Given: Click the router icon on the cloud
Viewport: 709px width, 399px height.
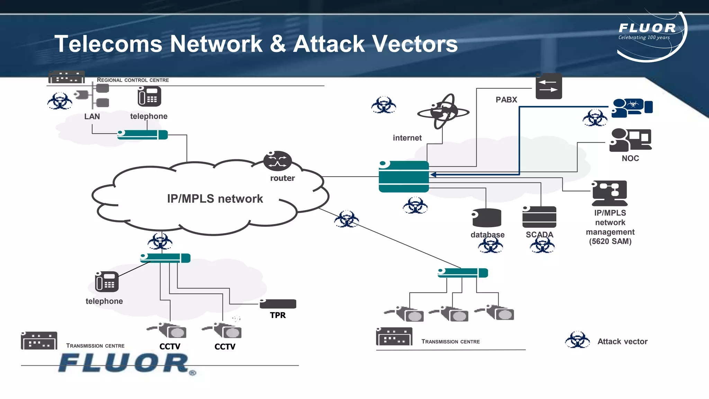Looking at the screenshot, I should pos(277,161).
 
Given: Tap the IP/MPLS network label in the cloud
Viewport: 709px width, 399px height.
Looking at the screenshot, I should pos(215,199).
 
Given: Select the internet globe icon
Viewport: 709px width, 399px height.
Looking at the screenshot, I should pos(443,112).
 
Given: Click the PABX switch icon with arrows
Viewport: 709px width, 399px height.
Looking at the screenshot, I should pos(549,86).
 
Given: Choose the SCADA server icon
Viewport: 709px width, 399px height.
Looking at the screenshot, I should pos(539,217).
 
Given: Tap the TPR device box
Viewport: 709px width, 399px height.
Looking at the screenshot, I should pos(278,304).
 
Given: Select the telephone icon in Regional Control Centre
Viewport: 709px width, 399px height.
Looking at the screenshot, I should pos(149,97).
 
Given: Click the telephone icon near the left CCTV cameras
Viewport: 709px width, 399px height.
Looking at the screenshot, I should pos(107,282).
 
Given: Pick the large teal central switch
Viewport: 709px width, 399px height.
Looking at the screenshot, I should pos(404,176).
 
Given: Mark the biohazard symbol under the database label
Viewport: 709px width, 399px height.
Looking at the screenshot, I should pos(490,246).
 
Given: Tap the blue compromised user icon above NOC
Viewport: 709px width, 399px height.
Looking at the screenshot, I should pos(632,108).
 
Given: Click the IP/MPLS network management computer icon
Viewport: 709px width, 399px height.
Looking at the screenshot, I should pos(610,193).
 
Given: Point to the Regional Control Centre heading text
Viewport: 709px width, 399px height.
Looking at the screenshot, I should pos(133,80).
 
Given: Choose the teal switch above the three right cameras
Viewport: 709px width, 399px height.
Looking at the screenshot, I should pos(463,273).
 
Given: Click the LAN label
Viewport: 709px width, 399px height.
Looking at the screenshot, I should pos(92,116).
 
